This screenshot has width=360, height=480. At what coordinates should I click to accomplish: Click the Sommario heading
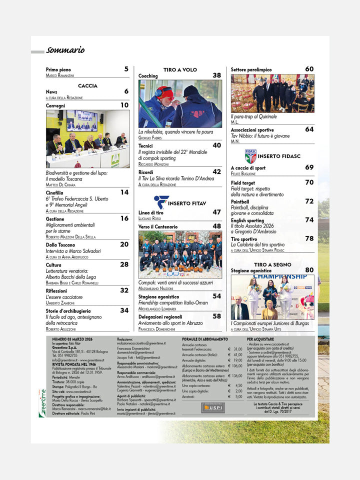point(65,50)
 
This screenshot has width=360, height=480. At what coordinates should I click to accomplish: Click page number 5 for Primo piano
point(126,69)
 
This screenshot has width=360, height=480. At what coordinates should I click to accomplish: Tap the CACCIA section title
point(87,85)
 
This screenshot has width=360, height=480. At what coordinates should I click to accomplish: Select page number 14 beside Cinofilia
point(124,192)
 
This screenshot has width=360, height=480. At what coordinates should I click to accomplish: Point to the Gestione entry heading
point(55,219)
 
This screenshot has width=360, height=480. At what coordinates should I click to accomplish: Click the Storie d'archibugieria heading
point(68,310)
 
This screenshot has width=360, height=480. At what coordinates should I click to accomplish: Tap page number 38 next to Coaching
point(216,75)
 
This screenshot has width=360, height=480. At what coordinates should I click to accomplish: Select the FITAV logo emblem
point(161,201)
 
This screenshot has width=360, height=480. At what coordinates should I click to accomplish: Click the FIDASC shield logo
point(250,156)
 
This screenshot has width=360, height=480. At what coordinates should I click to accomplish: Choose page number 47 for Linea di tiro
point(216,212)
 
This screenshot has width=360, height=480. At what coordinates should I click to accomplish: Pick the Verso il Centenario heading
point(158,226)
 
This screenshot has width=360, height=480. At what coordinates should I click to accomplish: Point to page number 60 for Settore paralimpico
point(309,69)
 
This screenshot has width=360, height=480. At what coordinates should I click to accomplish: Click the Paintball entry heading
point(240,201)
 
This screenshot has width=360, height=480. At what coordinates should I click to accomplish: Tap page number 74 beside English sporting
point(309,220)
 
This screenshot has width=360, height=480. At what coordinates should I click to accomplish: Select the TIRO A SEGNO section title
point(272,263)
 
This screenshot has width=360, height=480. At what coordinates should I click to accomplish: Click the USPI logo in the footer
point(213,407)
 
